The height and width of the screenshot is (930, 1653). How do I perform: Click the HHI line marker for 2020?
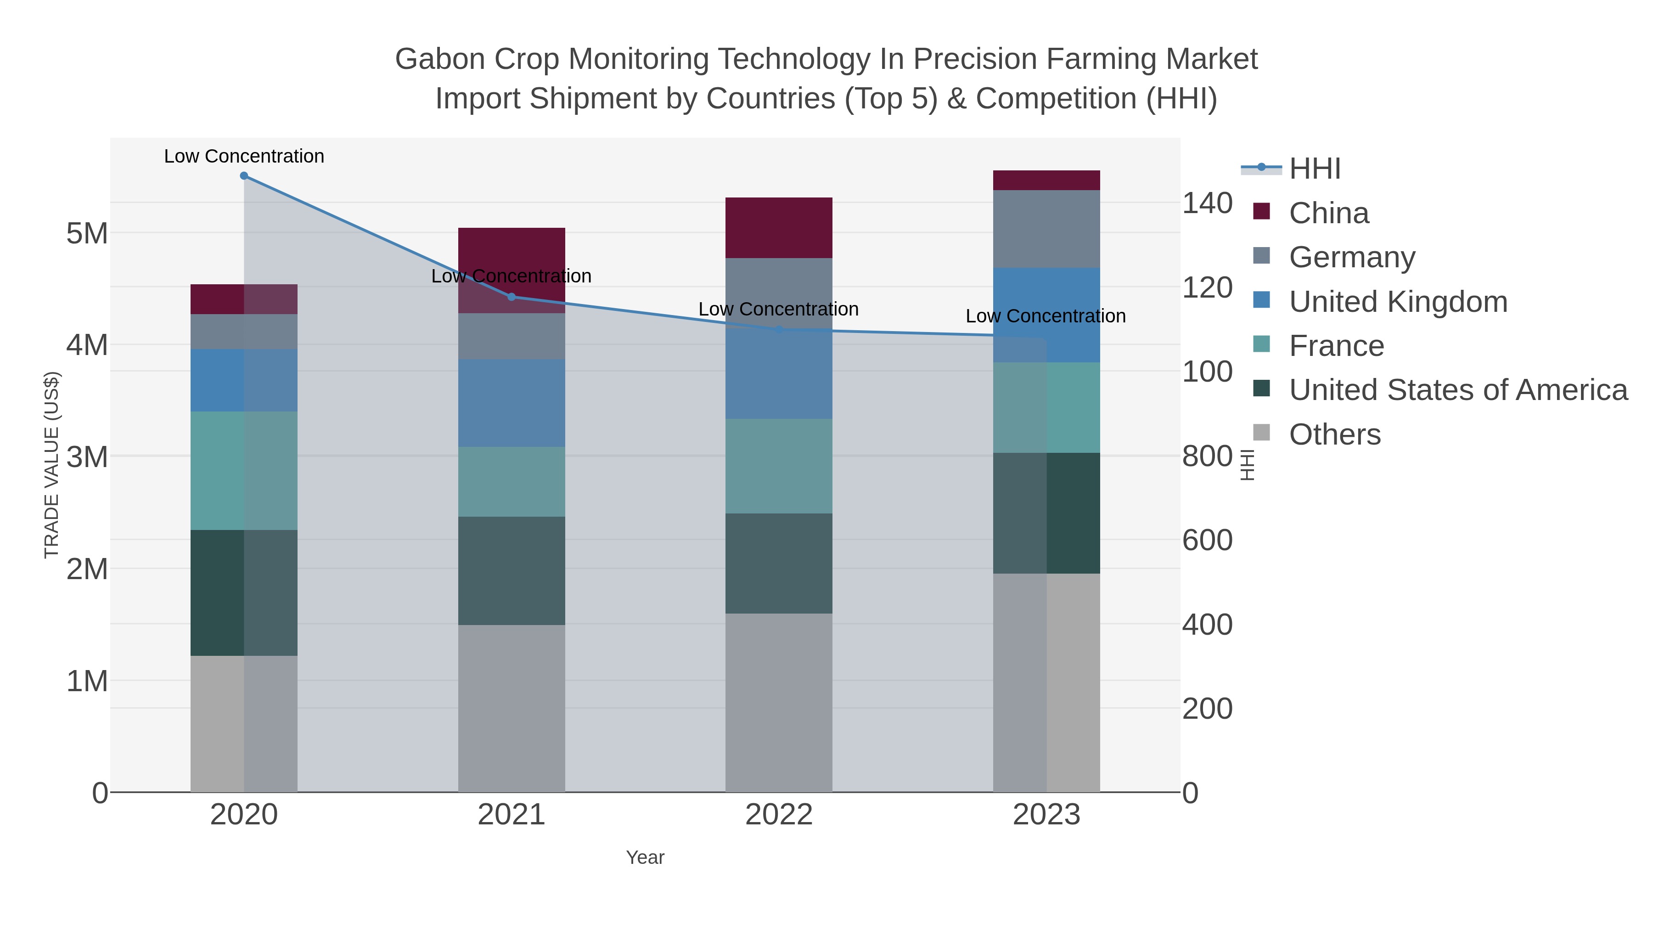point(244,176)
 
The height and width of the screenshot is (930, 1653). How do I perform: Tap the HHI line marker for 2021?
point(512,297)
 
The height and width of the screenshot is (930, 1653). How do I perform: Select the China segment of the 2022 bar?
point(778,228)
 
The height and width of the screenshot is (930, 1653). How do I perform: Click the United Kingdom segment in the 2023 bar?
point(1046,315)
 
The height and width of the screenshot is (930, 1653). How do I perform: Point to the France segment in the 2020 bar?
point(244,470)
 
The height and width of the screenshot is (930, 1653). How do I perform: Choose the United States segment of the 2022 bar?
point(778,563)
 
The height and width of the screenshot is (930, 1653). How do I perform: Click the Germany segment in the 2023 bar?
point(1046,229)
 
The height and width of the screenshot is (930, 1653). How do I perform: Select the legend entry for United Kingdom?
point(1398,302)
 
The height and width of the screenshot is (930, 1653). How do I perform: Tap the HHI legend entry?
point(1314,169)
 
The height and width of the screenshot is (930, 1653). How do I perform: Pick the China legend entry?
point(1328,213)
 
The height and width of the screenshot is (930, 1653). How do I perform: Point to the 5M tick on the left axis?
point(87,234)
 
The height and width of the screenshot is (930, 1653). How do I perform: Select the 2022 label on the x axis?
point(778,814)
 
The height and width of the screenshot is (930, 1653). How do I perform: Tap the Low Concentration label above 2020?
point(244,156)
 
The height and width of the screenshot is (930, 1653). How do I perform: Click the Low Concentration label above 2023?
point(1046,316)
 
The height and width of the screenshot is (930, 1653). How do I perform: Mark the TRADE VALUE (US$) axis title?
point(51,465)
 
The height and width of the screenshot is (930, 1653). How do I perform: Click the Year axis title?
point(645,857)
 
